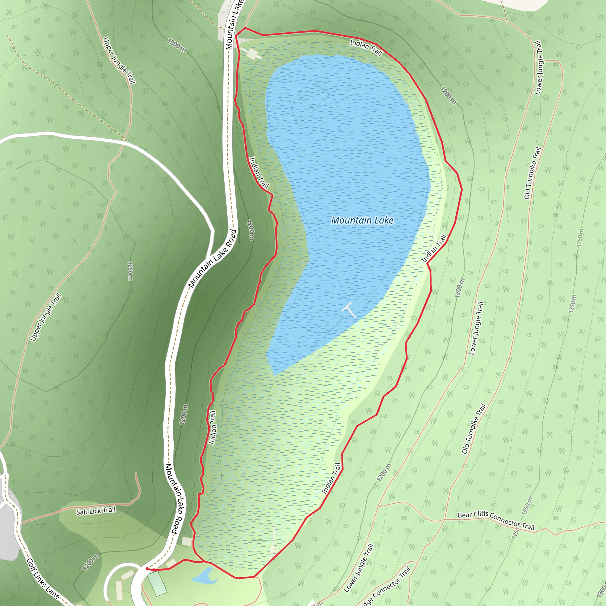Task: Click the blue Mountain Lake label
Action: (x=362, y=220)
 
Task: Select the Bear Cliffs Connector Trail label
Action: (x=496, y=520)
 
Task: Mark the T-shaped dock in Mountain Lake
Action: (x=349, y=310)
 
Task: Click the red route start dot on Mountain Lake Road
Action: (x=147, y=569)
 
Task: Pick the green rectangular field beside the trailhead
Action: (x=157, y=584)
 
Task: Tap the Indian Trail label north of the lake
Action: (x=366, y=47)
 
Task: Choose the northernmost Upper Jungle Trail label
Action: (x=119, y=61)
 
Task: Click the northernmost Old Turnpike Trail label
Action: (x=533, y=173)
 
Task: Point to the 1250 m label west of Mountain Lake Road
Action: (x=130, y=271)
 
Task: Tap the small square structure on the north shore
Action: (x=252, y=53)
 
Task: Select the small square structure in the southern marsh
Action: (x=273, y=549)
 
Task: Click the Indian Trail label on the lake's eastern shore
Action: (x=434, y=249)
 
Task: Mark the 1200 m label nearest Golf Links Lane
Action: (x=91, y=562)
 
